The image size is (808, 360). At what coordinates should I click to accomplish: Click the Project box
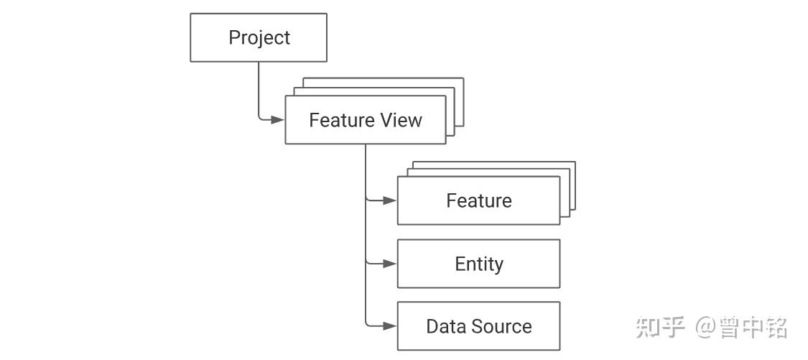pos(258,37)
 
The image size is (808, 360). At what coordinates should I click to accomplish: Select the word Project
pos(259,38)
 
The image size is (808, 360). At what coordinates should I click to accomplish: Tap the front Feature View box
pos(366,120)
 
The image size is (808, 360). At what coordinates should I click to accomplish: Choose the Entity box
pos(478,264)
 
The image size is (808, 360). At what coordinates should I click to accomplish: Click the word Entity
pos(479,264)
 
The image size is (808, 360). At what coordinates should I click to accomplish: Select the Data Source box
pos(478,326)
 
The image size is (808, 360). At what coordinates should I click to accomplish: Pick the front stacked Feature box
pos(478,200)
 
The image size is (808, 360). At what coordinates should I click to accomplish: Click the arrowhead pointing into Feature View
pos(278,120)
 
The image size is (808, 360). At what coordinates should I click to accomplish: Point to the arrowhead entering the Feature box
pos(390,200)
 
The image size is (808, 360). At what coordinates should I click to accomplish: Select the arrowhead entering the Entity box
pos(390,264)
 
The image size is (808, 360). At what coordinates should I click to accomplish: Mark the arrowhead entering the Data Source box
pos(390,326)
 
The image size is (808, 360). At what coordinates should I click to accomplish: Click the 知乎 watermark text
pos(660,327)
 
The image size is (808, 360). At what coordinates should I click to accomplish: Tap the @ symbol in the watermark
pos(705,328)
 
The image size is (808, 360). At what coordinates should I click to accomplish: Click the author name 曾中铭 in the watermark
pos(753,328)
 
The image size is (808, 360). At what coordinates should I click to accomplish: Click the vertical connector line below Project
pos(258,88)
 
